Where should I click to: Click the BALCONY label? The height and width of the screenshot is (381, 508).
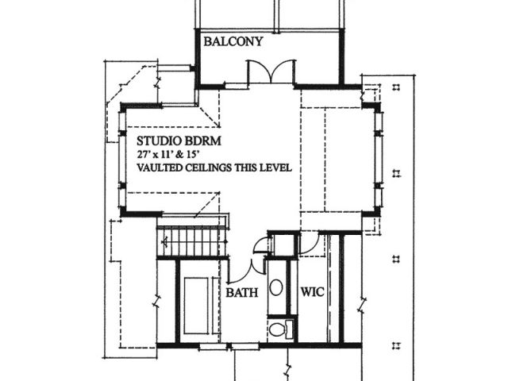point(233,42)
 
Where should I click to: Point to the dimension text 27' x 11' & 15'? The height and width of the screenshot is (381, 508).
point(174,154)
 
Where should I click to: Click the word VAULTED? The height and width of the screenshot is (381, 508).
point(157,168)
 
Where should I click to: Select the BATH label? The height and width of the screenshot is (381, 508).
point(243,293)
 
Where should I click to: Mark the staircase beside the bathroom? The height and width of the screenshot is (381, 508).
point(190,240)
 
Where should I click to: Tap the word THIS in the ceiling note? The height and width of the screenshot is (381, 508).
point(249,168)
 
